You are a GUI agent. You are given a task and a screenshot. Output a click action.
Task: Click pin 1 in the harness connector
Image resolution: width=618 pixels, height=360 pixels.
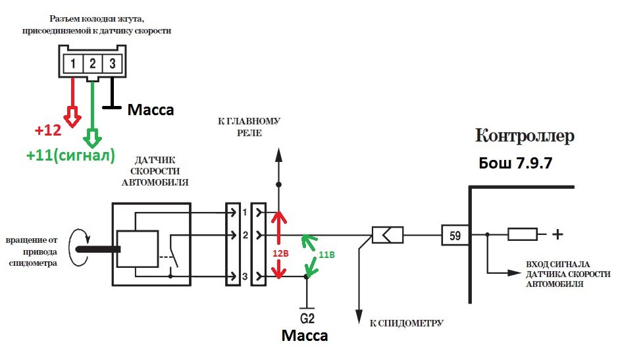click(x=73, y=63)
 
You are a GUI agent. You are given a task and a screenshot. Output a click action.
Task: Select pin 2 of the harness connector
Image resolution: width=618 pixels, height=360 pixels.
click(x=93, y=63)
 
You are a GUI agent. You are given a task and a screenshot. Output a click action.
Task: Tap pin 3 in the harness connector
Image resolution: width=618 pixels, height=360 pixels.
click(x=113, y=63)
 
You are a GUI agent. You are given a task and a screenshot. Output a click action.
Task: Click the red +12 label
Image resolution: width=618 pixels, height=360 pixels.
click(x=48, y=130)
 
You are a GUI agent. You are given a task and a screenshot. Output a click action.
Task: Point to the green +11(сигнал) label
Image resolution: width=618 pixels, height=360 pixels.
click(x=70, y=155)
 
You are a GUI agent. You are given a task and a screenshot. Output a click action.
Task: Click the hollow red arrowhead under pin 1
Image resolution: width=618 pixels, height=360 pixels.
click(x=72, y=116)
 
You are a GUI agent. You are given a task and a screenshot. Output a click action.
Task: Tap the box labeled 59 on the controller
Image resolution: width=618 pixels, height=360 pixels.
click(x=455, y=236)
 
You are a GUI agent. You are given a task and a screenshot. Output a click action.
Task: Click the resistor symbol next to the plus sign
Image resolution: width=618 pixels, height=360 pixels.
click(x=522, y=234)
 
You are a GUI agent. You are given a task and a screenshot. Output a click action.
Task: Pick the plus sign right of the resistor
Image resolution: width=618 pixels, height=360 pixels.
click(x=557, y=234)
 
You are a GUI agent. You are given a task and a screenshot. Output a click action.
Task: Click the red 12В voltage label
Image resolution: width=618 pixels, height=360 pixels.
click(x=280, y=253)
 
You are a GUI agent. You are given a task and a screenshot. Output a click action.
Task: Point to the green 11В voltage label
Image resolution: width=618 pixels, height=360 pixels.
click(x=326, y=255)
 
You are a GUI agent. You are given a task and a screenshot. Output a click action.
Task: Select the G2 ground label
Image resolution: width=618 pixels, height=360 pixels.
click(x=307, y=318)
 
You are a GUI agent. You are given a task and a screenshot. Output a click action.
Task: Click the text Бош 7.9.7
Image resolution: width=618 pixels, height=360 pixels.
click(x=515, y=163)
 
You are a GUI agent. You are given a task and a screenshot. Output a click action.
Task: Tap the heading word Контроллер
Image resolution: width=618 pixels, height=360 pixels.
click(x=525, y=136)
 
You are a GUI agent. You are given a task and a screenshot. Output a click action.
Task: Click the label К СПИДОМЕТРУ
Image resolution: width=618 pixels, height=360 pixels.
click(x=406, y=323)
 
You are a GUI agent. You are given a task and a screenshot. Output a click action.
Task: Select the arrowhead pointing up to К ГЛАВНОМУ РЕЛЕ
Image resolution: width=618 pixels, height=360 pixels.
click(x=278, y=155)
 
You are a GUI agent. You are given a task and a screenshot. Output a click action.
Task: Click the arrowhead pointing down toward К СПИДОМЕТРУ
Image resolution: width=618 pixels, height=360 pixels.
click(x=359, y=317)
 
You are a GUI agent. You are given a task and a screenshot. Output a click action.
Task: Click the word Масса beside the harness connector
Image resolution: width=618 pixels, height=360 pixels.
click(x=151, y=110)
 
